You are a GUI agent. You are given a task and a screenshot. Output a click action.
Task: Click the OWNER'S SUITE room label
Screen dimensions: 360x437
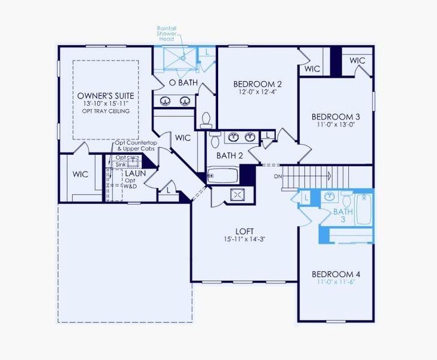click(106, 96)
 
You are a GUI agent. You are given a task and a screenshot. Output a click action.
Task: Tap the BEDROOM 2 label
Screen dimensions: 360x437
click(257, 84)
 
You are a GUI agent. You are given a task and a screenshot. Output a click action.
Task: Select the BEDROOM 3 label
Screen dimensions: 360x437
click(336, 116)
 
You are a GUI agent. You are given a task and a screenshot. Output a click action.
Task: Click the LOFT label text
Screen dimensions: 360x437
click(244, 230)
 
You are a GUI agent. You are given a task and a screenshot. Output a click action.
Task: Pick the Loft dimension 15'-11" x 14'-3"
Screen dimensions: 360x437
click(244, 238)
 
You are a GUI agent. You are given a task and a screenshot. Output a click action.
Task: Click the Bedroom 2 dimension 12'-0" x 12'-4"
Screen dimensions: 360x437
click(257, 92)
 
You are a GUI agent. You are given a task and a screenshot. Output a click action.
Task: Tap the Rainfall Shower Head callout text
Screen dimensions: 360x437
click(166, 34)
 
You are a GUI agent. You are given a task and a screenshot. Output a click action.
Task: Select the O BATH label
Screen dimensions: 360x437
click(183, 82)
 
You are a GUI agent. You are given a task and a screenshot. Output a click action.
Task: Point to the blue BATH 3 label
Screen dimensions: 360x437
click(343, 215)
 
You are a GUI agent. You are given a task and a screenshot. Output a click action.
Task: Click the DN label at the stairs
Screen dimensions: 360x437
click(278, 176)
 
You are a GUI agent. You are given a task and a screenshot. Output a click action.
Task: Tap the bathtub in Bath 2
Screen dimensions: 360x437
click(222, 176)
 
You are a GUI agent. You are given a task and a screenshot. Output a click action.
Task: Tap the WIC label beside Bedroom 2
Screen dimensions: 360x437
click(312, 69)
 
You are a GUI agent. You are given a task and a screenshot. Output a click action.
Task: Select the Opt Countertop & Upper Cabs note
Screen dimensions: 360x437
click(136, 146)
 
